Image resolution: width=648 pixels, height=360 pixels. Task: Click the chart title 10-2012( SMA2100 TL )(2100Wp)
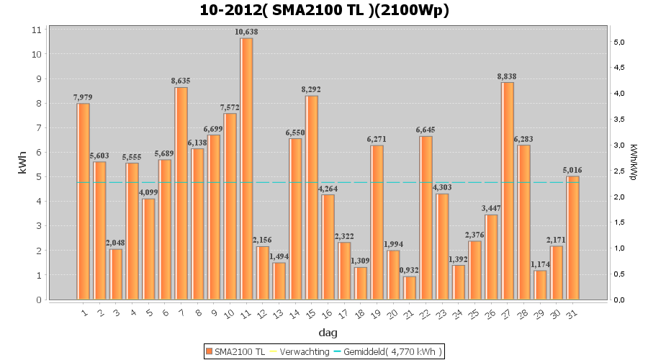click(323, 11)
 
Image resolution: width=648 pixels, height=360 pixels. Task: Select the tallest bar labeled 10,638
click(246, 168)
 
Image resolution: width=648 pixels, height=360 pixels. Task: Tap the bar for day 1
click(84, 201)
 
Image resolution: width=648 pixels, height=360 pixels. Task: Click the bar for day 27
click(508, 191)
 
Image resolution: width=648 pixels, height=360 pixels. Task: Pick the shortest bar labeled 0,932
click(410, 287)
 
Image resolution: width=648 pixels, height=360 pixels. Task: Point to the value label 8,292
click(312, 89)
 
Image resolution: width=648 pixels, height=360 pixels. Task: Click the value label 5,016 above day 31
click(573, 170)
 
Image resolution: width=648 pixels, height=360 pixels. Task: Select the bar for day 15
click(312, 197)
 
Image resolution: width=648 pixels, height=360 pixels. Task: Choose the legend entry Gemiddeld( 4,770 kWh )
click(393, 351)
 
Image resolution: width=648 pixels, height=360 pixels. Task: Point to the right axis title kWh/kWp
click(633, 163)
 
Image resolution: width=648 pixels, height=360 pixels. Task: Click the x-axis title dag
click(328, 333)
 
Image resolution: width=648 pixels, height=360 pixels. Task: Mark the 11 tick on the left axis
click(36, 30)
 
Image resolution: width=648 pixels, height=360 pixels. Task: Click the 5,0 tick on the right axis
click(618, 42)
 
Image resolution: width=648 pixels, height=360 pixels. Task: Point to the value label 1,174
click(540, 264)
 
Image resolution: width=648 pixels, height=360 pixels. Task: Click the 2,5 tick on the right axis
click(618, 171)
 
